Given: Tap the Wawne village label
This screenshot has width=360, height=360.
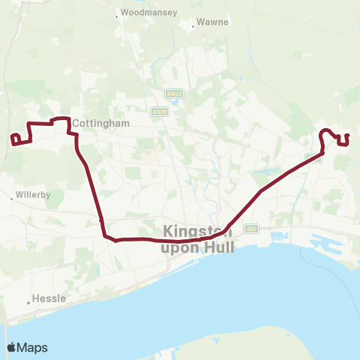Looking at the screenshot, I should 212,23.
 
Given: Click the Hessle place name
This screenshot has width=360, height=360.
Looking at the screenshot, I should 50,298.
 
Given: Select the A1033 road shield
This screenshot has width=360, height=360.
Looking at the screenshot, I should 171,94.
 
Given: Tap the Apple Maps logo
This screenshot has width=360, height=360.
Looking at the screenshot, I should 28,347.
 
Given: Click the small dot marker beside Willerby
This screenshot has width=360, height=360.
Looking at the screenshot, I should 13,199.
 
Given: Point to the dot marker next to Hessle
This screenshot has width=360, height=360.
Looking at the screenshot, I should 28,302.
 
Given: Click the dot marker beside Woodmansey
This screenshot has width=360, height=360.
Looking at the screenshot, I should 116,13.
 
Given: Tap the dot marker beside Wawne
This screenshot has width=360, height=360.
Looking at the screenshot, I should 194,24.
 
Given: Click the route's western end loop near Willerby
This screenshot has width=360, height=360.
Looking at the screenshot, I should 14,138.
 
